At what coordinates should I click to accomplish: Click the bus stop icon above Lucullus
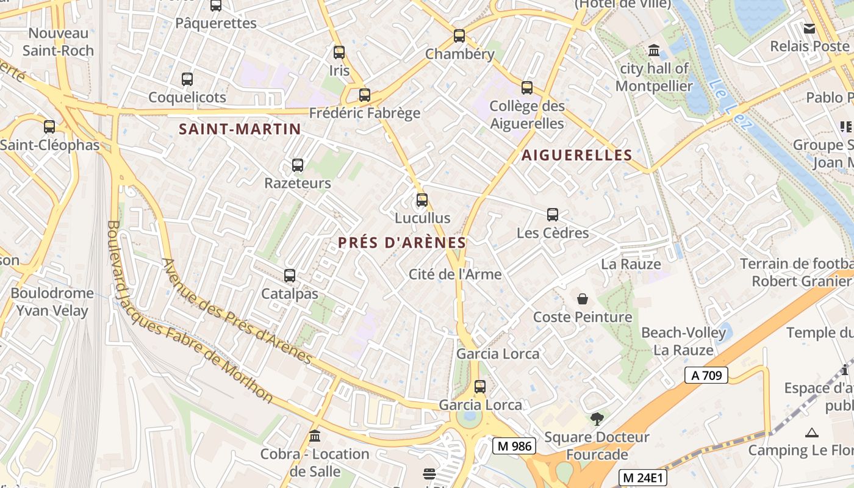422,200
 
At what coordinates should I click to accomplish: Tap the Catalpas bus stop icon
290,276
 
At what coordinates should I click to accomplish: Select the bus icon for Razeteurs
298,165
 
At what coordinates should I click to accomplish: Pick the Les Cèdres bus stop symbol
553,215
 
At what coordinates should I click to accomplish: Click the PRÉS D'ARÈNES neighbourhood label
402,243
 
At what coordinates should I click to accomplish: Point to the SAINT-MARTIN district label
240,129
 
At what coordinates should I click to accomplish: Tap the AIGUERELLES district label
576,155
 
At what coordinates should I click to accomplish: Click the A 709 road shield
706,375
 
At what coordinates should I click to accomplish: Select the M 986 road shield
514,447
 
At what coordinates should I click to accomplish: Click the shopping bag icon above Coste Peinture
583,299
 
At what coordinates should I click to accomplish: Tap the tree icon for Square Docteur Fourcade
597,419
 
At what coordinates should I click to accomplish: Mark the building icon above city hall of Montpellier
654,50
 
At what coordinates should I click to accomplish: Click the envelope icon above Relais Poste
809,28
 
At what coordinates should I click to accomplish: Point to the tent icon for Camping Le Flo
811,432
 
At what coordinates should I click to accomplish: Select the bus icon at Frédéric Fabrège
365,95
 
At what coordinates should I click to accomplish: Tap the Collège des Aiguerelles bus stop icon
527,88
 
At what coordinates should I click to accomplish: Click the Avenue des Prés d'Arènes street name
238,311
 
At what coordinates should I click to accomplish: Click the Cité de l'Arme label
455,274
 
